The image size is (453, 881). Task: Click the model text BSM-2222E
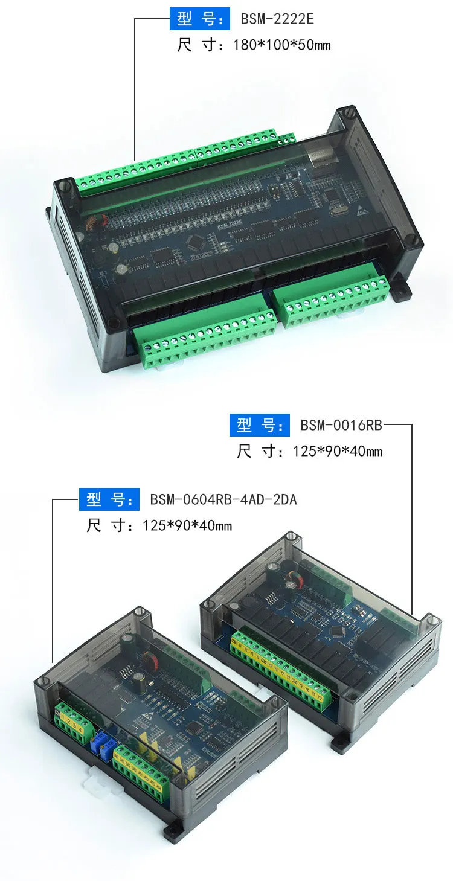pos(277,19)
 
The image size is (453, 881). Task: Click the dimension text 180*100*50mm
pos(281,45)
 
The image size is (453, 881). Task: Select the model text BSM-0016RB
pos(341,425)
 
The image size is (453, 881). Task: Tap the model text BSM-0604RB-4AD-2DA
pos(223,499)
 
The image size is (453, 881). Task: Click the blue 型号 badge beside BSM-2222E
pos(200,19)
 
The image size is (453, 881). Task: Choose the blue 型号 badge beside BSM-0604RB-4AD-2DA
pos(109,499)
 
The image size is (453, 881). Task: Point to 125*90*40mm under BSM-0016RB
pos(338,451)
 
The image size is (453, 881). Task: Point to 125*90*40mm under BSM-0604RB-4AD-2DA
pos(187,525)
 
